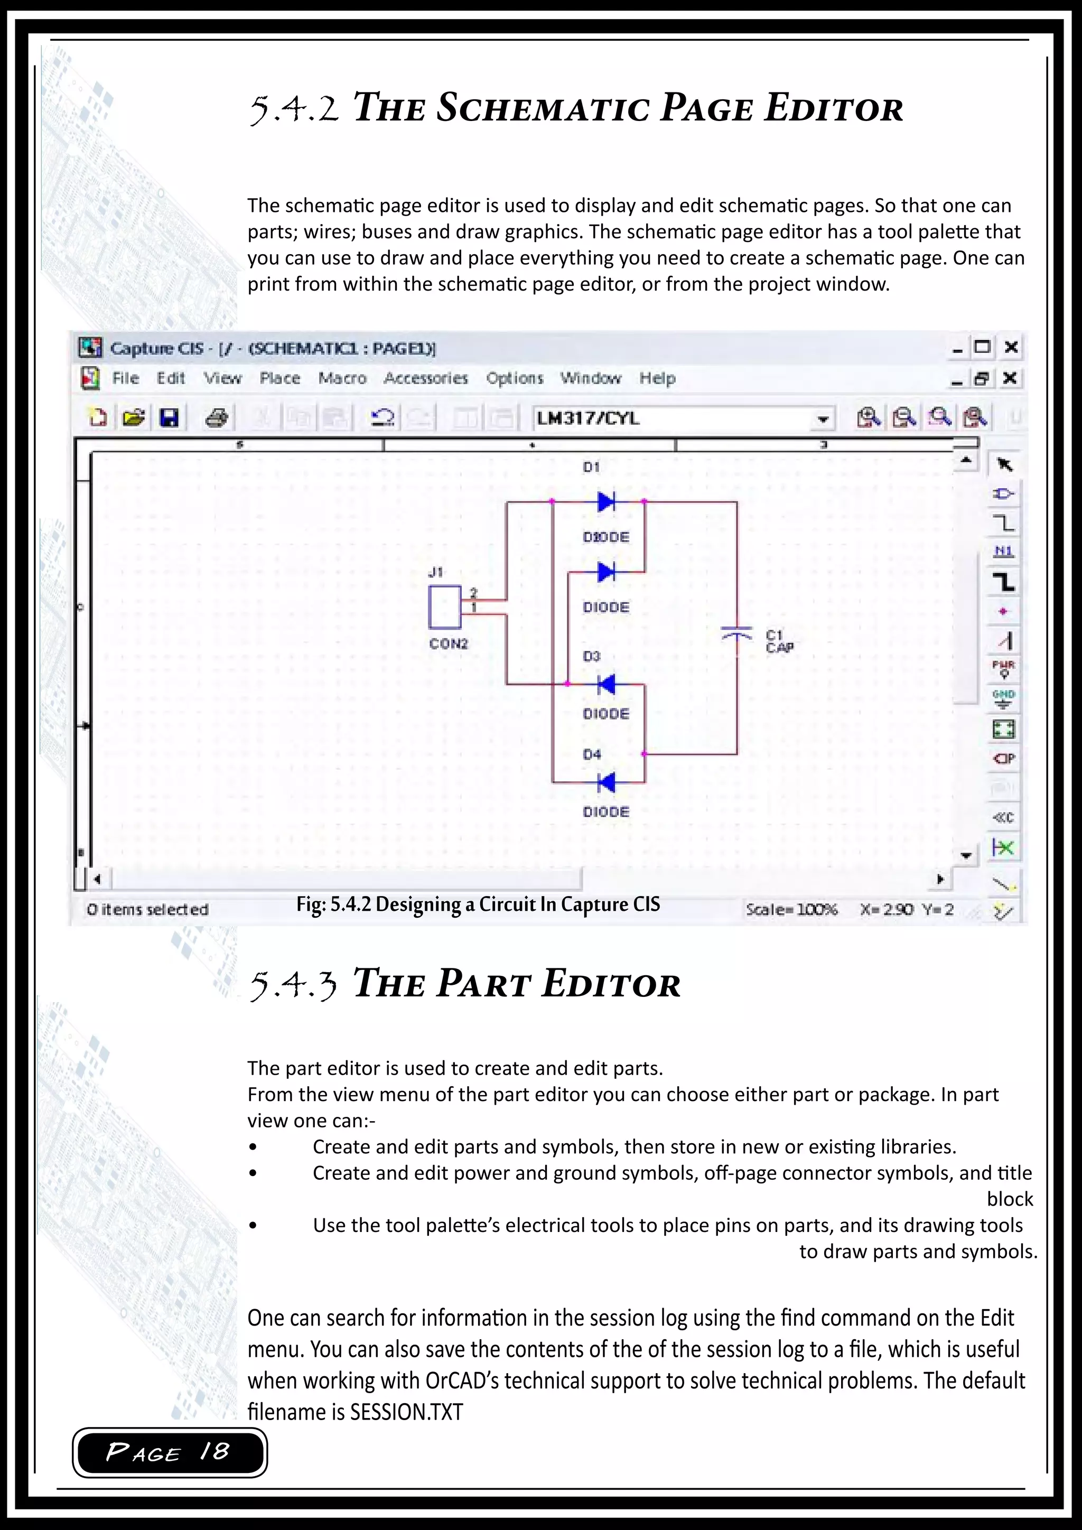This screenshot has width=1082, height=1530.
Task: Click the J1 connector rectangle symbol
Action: point(444,607)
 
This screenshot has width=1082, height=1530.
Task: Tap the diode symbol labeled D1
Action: point(605,502)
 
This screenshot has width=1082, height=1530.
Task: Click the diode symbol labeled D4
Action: point(605,782)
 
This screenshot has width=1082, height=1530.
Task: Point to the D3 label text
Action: point(592,656)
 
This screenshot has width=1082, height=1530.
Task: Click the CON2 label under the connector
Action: point(449,643)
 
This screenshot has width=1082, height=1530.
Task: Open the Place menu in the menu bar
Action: point(280,378)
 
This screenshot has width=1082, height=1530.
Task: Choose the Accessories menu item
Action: point(426,378)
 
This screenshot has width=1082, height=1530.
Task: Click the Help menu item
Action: point(658,378)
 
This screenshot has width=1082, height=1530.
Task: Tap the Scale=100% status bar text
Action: point(791,910)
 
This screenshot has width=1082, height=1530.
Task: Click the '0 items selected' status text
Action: point(147,910)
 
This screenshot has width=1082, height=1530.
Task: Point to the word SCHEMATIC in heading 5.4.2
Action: point(543,109)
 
